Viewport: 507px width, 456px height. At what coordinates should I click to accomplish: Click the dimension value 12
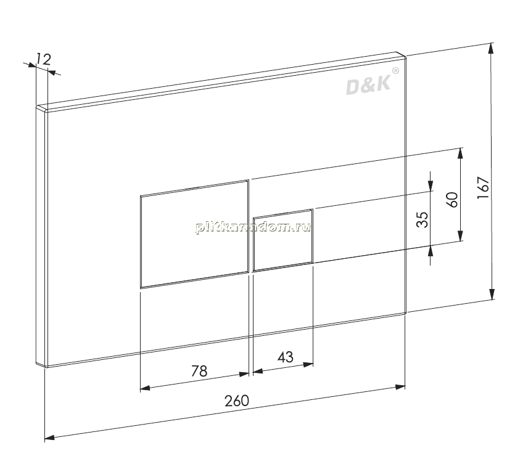click(43, 59)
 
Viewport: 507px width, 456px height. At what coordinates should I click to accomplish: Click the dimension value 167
click(484, 187)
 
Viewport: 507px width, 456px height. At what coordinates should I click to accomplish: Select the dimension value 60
click(452, 200)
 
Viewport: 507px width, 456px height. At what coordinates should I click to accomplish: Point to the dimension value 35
click(422, 219)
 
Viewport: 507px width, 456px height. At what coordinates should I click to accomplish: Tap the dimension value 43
click(286, 357)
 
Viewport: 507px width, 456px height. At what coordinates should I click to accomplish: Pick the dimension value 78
click(199, 371)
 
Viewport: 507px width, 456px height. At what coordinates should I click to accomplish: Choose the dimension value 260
click(237, 401)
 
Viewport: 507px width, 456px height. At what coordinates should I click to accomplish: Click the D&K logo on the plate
click(368, 86)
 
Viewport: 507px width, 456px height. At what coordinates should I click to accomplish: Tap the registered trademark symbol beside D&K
click(395, 70)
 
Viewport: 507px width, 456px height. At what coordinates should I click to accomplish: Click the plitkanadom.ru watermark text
click(253, 227)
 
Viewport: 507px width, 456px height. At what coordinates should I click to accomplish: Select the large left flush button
click(195, 234)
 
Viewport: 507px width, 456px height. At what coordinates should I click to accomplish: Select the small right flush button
click(283, 240)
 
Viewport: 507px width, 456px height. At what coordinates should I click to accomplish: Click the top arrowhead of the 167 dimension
click(491, 48)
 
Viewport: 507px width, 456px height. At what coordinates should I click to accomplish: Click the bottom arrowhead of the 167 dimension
click(492, 294)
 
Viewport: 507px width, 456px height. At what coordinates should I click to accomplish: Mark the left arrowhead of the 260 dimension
click(50, 438)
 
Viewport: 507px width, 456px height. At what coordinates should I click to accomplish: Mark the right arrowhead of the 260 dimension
click(400, 387)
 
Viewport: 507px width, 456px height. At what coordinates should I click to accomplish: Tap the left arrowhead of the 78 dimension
click(146, 388)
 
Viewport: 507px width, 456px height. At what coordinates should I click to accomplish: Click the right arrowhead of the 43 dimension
click(308, 365)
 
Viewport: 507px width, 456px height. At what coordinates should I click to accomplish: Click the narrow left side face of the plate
click(41, 237)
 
